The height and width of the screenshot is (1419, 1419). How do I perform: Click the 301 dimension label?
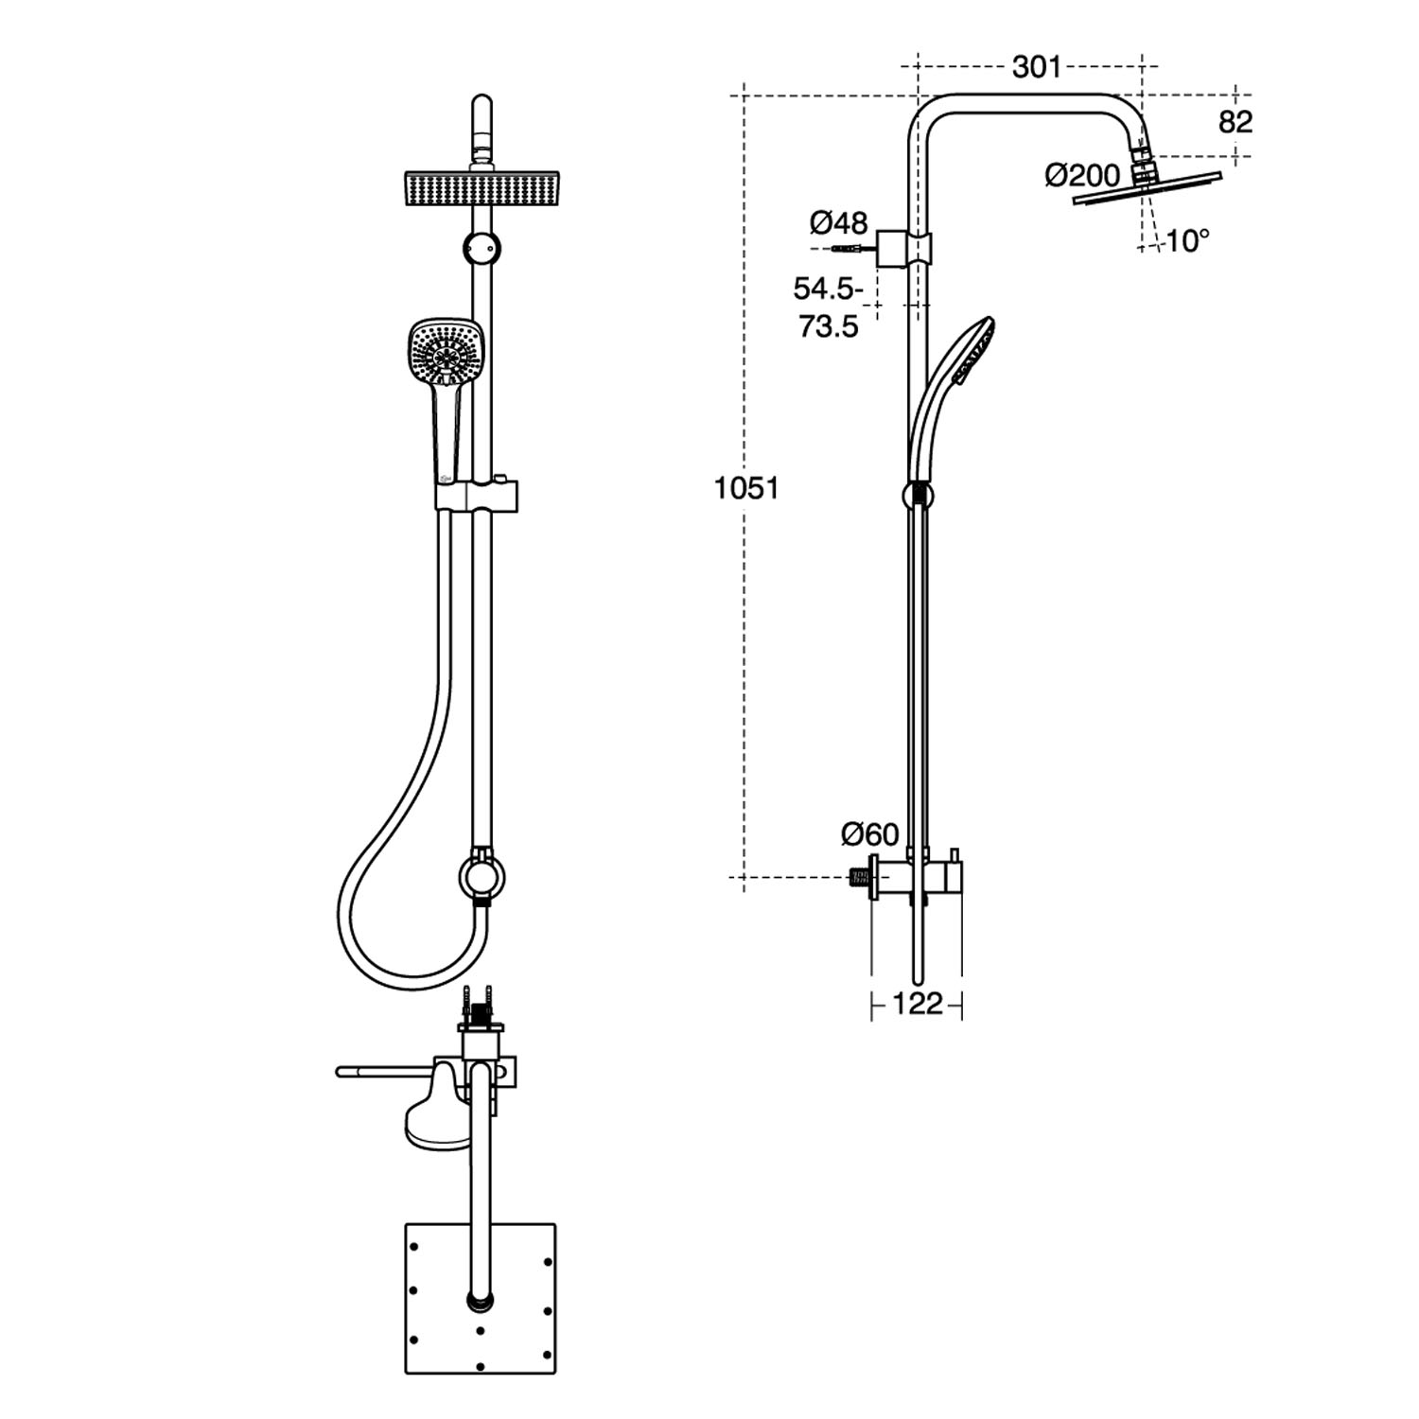tap(1037, 67)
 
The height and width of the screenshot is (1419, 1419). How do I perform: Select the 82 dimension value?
tap(1235, 122)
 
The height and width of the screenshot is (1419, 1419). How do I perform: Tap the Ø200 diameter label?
tap(1082, 175)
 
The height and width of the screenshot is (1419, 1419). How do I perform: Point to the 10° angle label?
tap(1187, 241)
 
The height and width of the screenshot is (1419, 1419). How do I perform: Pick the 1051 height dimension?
tap(746, 488)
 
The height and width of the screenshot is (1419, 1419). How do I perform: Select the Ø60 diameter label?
tap(869, 833)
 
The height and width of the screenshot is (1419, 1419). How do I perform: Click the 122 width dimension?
tap(917, 1004)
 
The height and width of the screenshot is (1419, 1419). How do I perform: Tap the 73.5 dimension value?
tap(828, 326)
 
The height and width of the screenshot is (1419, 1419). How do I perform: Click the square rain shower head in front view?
tap(482, 189)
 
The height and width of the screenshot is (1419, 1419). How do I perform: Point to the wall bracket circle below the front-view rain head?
tap(482, 248)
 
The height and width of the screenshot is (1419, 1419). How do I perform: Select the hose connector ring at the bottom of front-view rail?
tap(482, 875)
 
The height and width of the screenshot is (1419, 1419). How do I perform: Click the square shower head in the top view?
tap(480, 1298)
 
